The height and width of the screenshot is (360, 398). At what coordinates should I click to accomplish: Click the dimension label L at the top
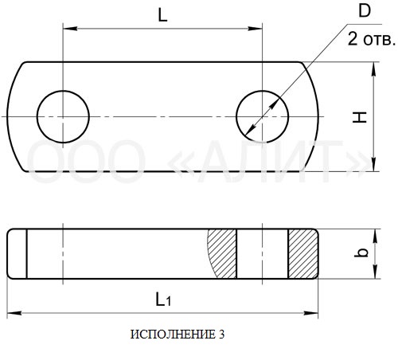pyautogui.click(x=162, y=16)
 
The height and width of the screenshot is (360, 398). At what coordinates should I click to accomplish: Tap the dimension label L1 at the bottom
pyautogui.click(x=163, y=299)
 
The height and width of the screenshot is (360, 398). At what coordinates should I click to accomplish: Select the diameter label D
pyautogui.click(x=365, y=11)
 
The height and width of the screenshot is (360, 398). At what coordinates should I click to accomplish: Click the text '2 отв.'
pyautogui.click(x=372, y=39)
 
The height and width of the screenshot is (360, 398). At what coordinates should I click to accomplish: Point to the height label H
pyautogui.click(x=360, y=117)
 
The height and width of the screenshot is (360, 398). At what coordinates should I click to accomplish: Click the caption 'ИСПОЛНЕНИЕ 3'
pyautogui.click(x=178, y=335)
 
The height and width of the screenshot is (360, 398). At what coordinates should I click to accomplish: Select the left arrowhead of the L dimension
pyautogui.click(x=70, y=29)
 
